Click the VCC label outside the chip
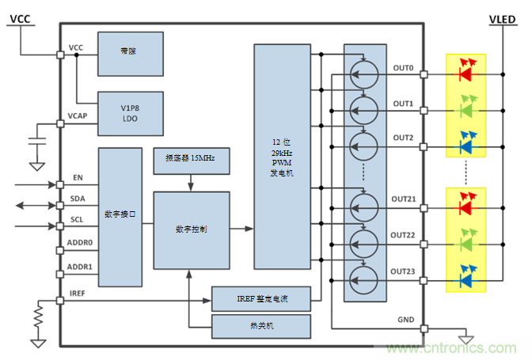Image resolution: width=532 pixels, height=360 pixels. [x=21, y=18]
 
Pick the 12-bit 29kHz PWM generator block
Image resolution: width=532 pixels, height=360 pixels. [x=282, y=157]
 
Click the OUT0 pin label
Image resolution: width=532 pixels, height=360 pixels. [x=404, y=68]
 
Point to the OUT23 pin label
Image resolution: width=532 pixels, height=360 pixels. [x=404, y=271]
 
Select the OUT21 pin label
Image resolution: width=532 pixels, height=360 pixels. [x=404, y=200]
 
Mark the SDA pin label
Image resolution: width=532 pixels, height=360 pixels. [x=78, y=198]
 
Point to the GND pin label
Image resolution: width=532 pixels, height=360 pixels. [x=405, y=320]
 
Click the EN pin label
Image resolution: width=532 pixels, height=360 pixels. [x=78, y=179]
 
